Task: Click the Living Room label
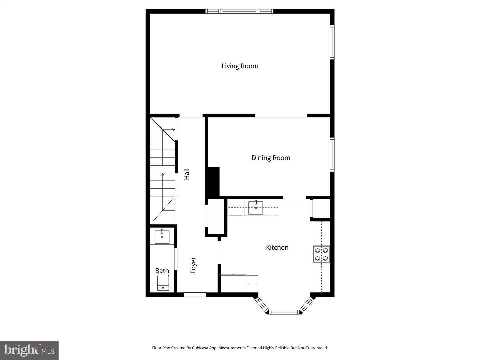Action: (240, 66)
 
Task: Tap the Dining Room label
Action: (271, 158)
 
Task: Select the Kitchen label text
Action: (277, 247)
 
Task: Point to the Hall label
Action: (187, 174)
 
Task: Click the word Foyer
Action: (193, 265)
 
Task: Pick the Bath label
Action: (162, 271)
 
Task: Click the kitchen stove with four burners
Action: (321, 254)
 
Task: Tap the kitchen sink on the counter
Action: (256, 208)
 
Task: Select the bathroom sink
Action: (162, 237)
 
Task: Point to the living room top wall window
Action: (239, 11)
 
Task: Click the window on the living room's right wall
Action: (332, 42)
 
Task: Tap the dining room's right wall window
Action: (332, 154)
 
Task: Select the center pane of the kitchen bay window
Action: (284, 312)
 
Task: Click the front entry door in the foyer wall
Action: (195, 295)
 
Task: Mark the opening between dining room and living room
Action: (281, 116)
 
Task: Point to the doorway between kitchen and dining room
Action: (295, 198)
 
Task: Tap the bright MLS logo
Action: (29, 350)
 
